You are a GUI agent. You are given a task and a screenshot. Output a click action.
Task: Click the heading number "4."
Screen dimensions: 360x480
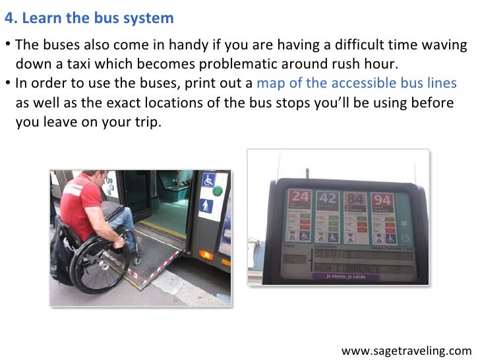pyautogui.click(x=11, y=18)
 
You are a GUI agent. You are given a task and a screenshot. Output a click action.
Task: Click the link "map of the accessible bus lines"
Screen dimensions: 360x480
pyautogui.click(x=356, y=83)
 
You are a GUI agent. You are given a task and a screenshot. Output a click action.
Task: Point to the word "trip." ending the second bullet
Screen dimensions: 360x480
pyautogui.click(x=146, y=121)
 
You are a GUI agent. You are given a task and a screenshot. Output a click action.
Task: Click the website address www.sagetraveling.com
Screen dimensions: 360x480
pyautogui.click(x=407, y=349)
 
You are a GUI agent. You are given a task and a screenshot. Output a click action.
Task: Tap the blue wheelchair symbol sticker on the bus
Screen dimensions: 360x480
pyautogui.click(x=208, y=180)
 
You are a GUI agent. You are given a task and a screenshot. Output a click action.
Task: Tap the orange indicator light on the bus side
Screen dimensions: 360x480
pyautogui.click(x=206, y=254)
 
